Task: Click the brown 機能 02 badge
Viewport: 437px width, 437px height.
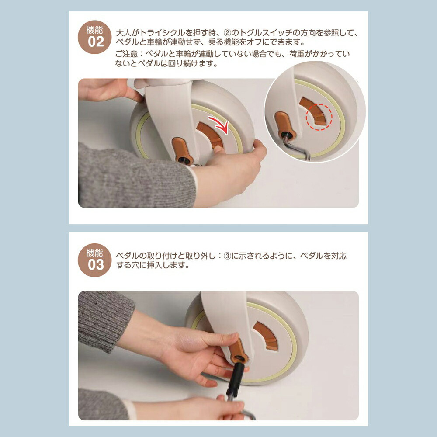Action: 95,37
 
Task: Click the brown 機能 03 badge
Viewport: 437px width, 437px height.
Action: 95,260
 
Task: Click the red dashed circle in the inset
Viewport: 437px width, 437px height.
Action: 319,117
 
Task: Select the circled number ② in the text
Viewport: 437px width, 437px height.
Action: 227,33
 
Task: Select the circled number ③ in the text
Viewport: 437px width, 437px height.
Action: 227,256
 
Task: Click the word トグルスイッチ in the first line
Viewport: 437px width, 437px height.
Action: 266,33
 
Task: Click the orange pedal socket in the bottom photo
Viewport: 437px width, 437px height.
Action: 238,350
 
